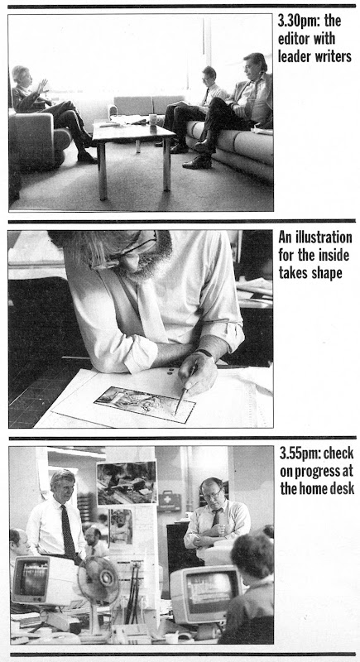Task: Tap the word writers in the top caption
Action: pos(332,56)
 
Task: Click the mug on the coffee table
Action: pos(153,119)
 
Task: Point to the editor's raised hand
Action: pos(42,86)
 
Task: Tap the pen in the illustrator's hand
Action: pos(185,389)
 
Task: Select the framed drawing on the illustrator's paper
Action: pos(145,405)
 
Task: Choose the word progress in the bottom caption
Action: pos(323,471)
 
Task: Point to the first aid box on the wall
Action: pos(169,501)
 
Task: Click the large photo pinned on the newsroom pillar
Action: pos(127,482)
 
